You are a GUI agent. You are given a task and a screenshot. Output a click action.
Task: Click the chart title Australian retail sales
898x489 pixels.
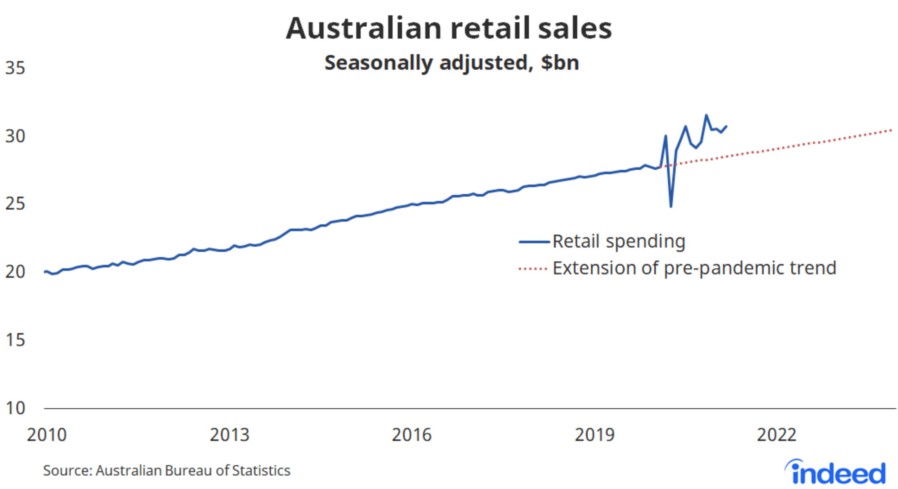(x=449, y=28)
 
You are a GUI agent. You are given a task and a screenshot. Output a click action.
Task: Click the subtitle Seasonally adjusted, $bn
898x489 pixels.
(x=451, y=63)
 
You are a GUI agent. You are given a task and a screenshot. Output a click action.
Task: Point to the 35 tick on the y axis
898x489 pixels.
(x=15, y=68)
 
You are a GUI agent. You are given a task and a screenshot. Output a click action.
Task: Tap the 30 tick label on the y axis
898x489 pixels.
(x=15, y=136)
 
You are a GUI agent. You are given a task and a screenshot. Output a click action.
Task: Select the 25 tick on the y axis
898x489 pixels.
(x=15, y=204)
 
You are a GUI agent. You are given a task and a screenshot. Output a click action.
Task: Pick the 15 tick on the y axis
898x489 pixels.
(x=15, y=340)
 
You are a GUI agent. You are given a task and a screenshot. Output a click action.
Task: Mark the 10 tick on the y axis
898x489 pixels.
(x=15, y=408)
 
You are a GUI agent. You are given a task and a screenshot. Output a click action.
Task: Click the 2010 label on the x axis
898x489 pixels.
(x=47, y=435)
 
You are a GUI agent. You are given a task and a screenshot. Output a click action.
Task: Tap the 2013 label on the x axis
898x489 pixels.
(x=229, y=435)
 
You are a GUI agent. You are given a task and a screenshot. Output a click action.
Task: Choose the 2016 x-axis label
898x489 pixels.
(x=411, y=435)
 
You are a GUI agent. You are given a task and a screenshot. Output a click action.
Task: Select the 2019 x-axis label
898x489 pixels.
(x=594, y=435)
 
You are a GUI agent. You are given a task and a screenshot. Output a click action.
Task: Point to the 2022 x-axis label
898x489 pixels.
(x=776, y=435)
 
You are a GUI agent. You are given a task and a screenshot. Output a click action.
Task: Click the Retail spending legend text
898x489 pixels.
(x=618, y=241)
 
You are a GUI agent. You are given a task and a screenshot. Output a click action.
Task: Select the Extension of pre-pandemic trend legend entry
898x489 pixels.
(x=694, y=268)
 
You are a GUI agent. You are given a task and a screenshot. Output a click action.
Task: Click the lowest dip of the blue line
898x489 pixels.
(x=671, y=206)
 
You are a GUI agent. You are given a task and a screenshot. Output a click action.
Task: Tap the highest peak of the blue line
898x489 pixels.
(x=706, y=115)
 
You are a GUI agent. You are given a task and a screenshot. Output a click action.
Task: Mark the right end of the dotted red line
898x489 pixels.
(x=891, y=130)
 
